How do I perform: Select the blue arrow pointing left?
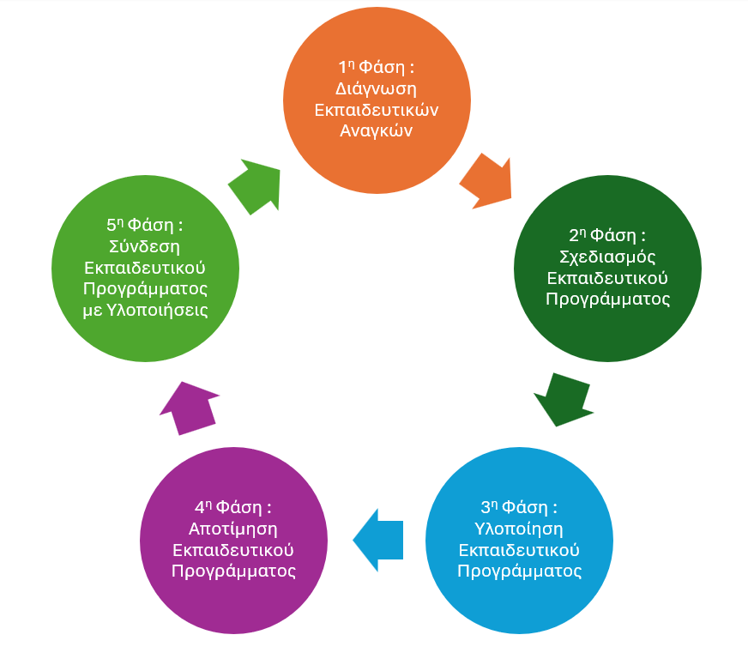click(378, 540)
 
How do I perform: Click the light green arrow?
click(256, 185)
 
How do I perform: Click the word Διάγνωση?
click(377, 88)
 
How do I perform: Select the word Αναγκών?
click(377, 131)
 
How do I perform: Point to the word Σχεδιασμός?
click(607, 256)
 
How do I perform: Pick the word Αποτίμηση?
click(233, 528)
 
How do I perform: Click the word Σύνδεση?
click(145, 245)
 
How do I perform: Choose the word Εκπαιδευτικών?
click(377, 110)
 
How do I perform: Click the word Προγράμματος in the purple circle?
click(233, 571)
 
